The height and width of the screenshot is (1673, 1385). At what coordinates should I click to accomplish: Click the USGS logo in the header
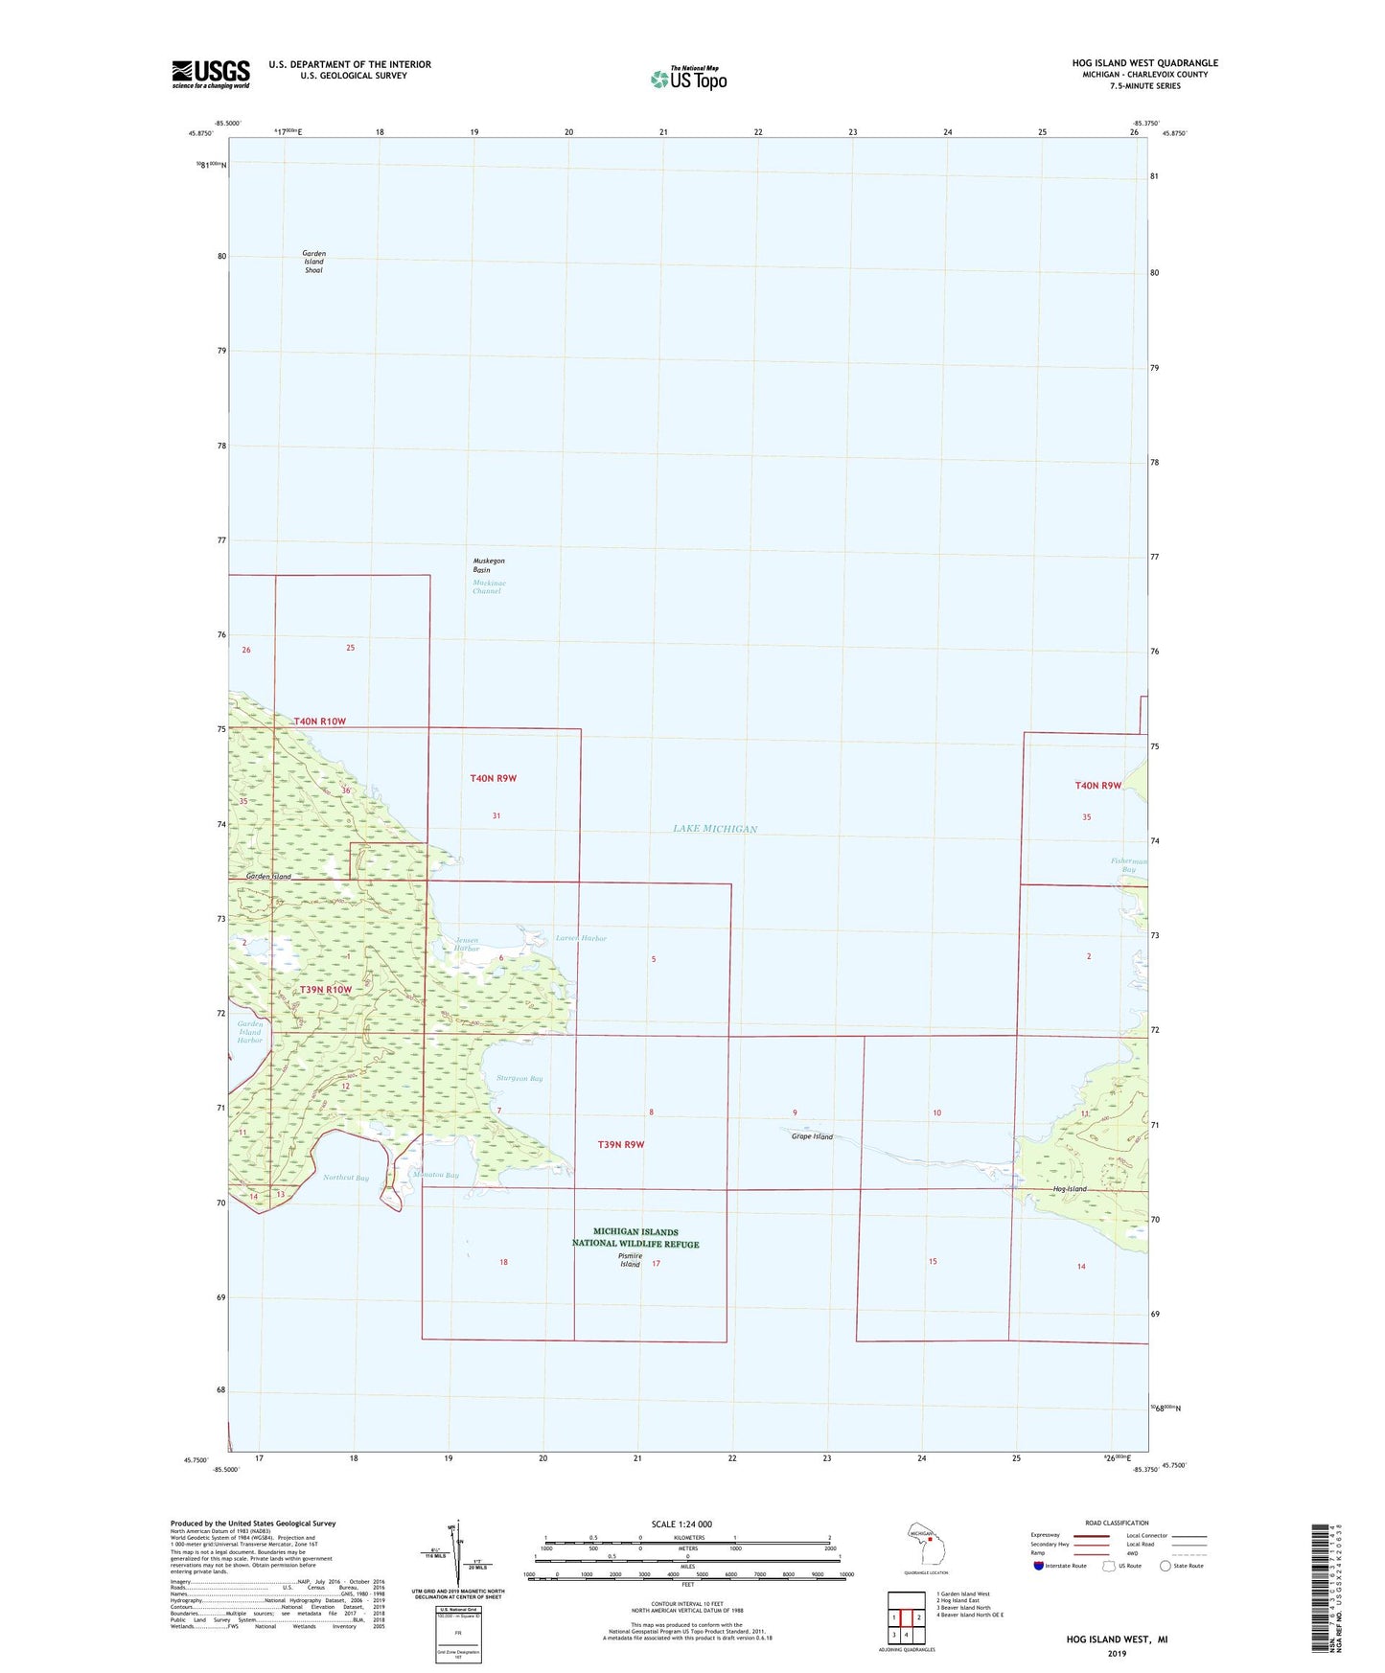(x=211, y=74)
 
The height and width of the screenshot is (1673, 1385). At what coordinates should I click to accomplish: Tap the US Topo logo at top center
(x=688, y=79)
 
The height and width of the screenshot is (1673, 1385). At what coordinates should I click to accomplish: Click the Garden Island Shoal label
(x=313, y=262)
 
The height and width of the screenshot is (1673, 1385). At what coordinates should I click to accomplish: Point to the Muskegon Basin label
(x=488, y=565)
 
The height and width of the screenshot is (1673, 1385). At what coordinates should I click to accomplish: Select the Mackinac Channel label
(x=488, y=587)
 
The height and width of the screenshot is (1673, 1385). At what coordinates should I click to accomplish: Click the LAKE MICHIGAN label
(x=715, y=829)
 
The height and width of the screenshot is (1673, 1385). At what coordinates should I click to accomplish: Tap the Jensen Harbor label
(x=467, y=944)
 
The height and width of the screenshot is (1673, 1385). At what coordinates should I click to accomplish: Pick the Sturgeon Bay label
(x=519, y=1079)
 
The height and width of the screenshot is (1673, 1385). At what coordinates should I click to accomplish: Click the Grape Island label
(x=812, y=1136)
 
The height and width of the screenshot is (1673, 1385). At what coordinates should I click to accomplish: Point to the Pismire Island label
(x=630, y=1260)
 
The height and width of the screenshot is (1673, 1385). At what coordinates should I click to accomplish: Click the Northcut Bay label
(x=345, y=1178)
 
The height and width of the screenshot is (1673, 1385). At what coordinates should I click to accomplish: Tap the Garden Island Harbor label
(x=249, y=1032)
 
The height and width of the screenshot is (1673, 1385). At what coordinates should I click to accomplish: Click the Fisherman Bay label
(x=1129, y=865)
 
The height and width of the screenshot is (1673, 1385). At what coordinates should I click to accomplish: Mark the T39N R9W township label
(x=621, y=1144)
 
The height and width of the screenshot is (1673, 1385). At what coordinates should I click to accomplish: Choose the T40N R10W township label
(x=319, y=722)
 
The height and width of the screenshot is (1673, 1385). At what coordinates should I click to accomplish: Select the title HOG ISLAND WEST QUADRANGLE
(x=1144, y=63)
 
